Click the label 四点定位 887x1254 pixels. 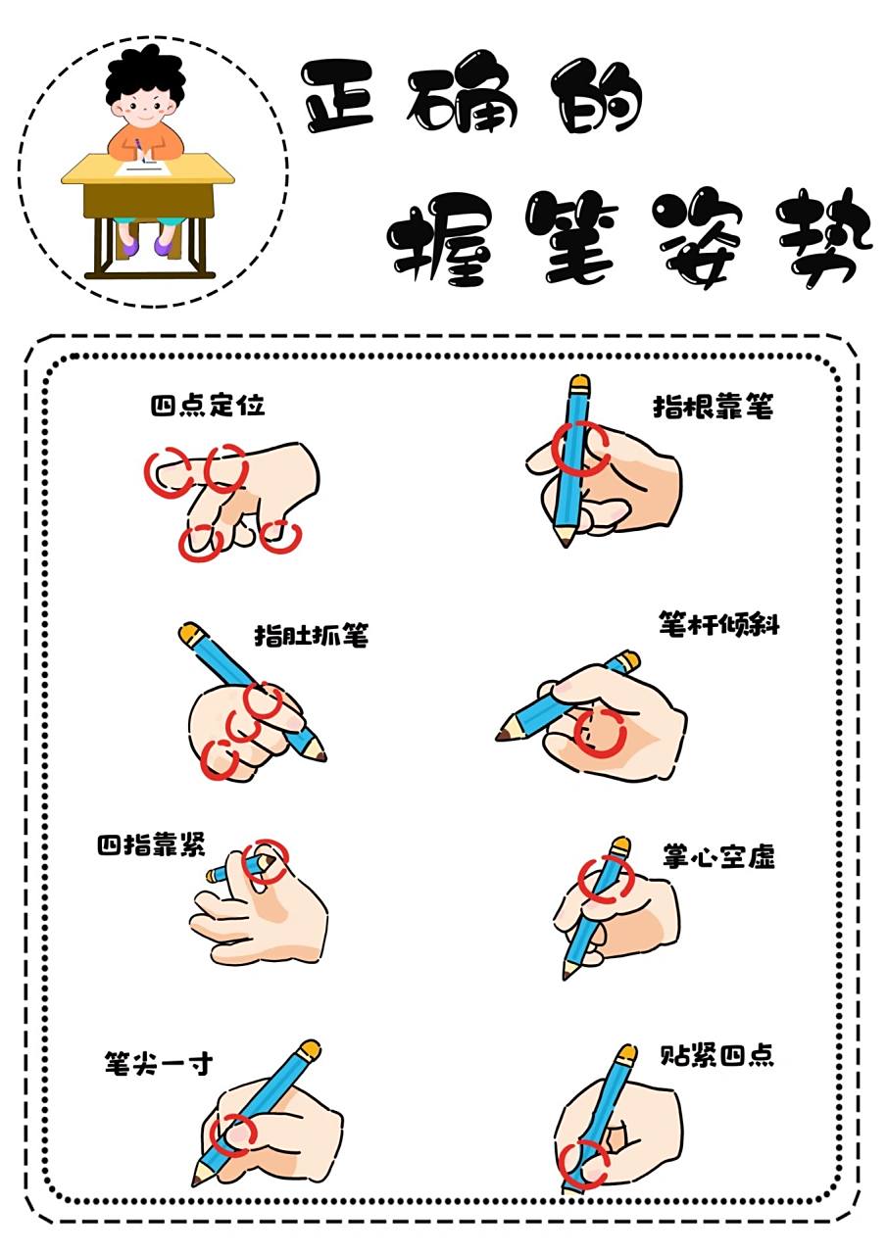[x=208, y=406]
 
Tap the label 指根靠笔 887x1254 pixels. [x=713, y=407]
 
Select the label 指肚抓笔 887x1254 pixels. [x=311, y=636]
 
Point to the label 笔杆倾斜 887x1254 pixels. [x=719, y=625]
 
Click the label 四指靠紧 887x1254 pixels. [x=150, y=845]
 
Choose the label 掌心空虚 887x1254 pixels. [x=718, y=857]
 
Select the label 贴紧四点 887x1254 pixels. [x=718, y=1056]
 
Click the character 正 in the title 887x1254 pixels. [x=338, y=96]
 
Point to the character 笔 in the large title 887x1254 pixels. [x=568, y=235]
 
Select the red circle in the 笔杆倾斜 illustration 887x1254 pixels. [x=600, y=733]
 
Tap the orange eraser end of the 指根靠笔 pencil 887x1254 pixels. [x=579, y=380]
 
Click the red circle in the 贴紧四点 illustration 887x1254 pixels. [x=583, y=1164]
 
